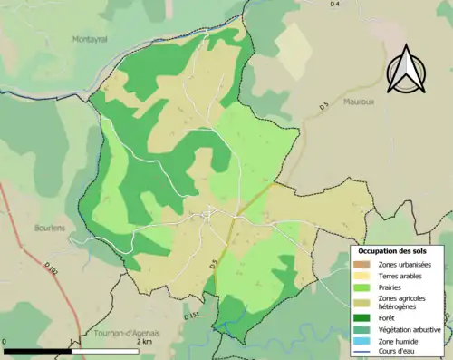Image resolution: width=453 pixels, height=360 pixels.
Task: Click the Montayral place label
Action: pyautogui.click(x=91, y=39)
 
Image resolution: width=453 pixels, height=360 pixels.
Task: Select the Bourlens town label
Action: pyautogui.click(x=49, y=228)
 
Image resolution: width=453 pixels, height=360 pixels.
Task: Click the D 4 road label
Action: pyautogui.click(x=334, y=5)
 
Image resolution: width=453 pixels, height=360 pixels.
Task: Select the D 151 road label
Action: pyautogui.click(x=191, y=316)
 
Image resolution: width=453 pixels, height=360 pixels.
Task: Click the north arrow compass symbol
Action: pyautogui.click(x=405, y=68)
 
